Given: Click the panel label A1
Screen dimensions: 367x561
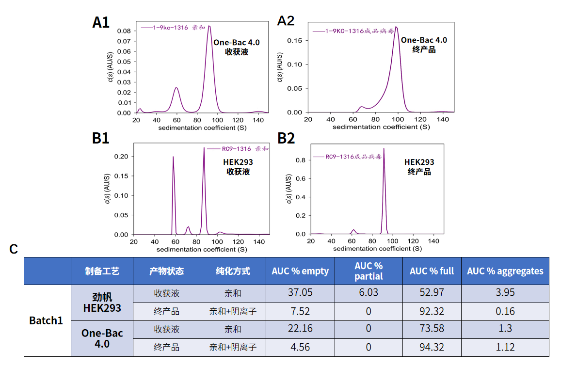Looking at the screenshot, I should click(x=101, y=22).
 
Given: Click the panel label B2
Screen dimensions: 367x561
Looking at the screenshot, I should click(x=286, y=138).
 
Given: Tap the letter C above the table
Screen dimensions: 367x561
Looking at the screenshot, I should click(x=14, y=249).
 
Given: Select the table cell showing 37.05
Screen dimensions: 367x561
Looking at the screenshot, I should click(x=300, y=293).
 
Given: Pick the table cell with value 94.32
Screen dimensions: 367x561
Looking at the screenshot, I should click(x=432, y=347).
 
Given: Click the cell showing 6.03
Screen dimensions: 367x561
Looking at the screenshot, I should click(x=368, y=293).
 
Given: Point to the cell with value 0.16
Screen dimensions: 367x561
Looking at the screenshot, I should click(x=505, y=311).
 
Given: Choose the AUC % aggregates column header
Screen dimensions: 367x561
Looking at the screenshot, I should click(x=505, y=271).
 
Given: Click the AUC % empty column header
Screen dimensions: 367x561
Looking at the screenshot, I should click(x=300, y=271).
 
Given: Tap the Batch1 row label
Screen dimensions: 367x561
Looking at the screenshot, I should click(x=46, y=320).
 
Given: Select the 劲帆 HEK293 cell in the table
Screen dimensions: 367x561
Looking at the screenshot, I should click(x=102, y=303).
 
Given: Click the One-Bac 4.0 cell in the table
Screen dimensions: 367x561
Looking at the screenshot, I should click(x=102, y=338).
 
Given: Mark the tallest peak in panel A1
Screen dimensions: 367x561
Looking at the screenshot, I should click(x=209, y=27).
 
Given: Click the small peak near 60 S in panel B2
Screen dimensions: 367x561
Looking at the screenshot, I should click(x=353, y=230).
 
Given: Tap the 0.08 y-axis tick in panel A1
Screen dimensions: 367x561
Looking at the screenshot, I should click(x=124, y=31).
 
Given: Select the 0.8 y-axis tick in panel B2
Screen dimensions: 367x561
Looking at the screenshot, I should click(x=302, y=160).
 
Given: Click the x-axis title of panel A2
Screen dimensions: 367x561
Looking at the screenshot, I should click(x=381, y=127).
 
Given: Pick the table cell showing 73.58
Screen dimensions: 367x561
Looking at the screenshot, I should click(x=432, y=329).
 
